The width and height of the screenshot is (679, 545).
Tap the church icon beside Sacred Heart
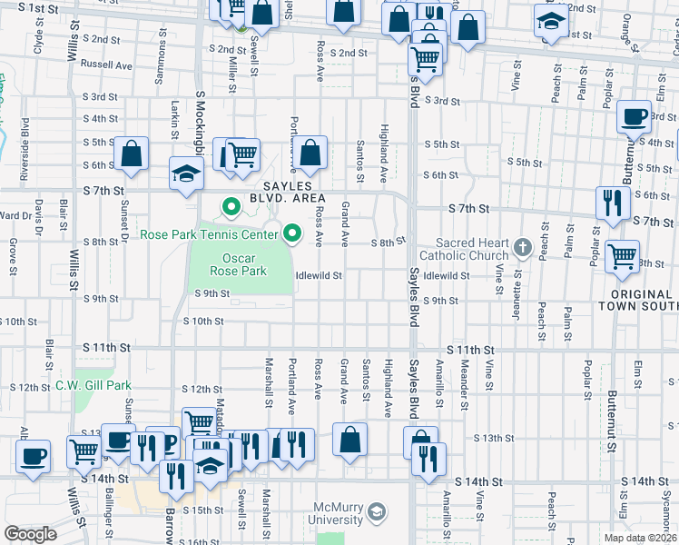[x=522, y=246]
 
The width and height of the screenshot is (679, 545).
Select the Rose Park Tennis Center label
[x=209, y=235]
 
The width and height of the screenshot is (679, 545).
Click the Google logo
[x=31, y=533]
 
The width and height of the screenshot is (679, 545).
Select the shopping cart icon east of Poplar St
[x=623, y=257]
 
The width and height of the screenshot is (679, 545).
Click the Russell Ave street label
[x=106, y=65]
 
